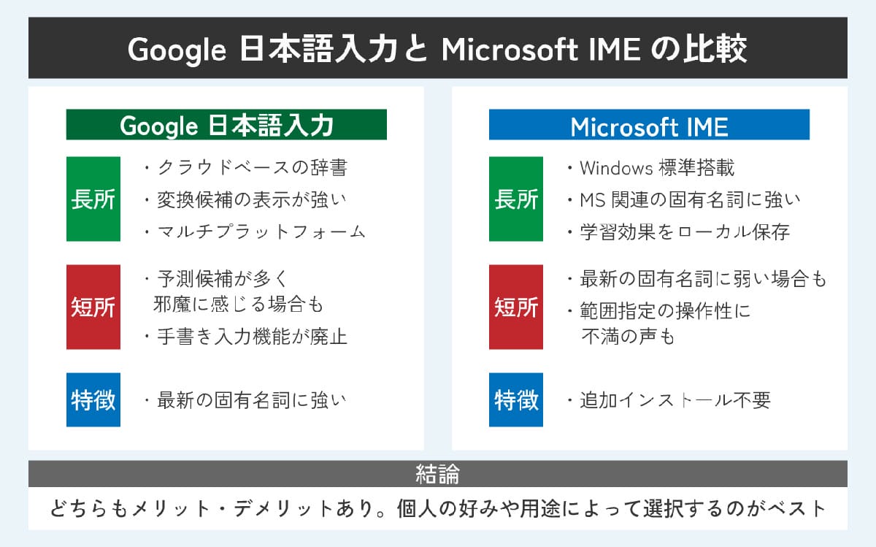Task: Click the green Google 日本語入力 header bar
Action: coord(226,125)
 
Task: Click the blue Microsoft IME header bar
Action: coord(649,125)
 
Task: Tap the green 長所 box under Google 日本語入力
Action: coord(93,199)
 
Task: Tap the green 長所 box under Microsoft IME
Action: coord(516,199)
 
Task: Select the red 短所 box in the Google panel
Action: coord(93,307)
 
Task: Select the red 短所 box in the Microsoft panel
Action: coord(516,307)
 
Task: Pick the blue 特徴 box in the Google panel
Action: coord(93,399)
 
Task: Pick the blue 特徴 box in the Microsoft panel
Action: coord(516,399)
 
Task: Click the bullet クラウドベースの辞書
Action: coord(251,168)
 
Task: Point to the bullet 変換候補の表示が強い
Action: coord(251,199)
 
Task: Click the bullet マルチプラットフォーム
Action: coord(260,232)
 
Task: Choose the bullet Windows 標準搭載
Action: coord(656,168)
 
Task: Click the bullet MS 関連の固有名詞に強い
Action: coord(689,199)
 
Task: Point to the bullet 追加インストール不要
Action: coord(675,400)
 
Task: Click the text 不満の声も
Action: coord(627,337)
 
